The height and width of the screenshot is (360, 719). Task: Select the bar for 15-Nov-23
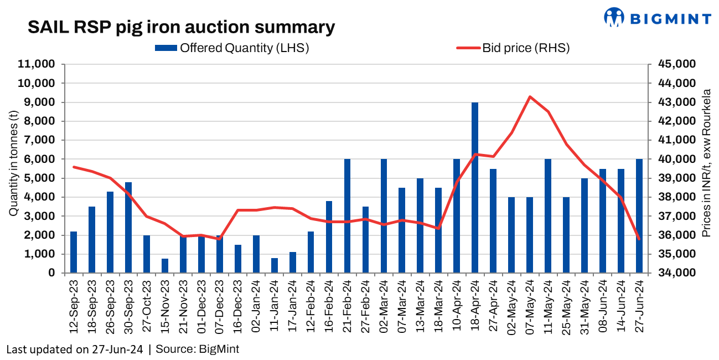[x=165, y=266]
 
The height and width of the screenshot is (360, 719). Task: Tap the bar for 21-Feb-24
[x=348, y=216]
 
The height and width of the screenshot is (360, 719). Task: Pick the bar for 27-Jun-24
[x=639, y=216]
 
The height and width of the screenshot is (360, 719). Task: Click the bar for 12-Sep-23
[x=74, y=252]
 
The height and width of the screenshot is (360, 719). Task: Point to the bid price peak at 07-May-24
[x=530, y=97]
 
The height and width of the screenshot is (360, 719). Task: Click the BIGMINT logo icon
[x=613, y=17]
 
